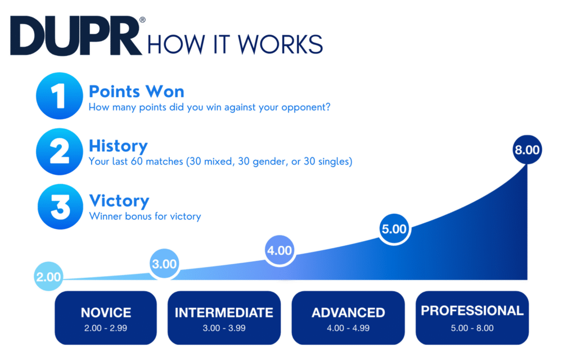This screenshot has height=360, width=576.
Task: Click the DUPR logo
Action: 76,35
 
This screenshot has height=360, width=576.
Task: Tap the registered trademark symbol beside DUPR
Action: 142,20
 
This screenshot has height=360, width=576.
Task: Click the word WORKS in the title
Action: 280,44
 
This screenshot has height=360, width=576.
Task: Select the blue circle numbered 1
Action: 60,96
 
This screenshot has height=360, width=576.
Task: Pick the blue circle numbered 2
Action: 60,151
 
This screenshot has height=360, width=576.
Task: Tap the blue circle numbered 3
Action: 60,207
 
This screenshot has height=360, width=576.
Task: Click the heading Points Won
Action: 136,92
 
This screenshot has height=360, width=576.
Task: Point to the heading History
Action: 118,146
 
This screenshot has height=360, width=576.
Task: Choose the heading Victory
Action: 119,201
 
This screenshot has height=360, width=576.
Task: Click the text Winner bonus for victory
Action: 145,216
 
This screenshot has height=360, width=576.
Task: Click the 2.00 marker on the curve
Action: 48,276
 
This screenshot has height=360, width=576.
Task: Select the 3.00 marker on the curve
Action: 164,263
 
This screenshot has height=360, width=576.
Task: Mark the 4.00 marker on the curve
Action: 280,250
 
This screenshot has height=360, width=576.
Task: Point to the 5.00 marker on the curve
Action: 394,229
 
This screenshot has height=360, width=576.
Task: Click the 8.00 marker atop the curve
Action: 527,150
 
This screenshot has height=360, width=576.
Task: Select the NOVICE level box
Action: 106,318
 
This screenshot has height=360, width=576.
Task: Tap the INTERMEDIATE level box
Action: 224,318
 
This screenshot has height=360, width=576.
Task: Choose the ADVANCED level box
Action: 348,318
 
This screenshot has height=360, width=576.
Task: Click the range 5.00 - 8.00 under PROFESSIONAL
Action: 472,328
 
